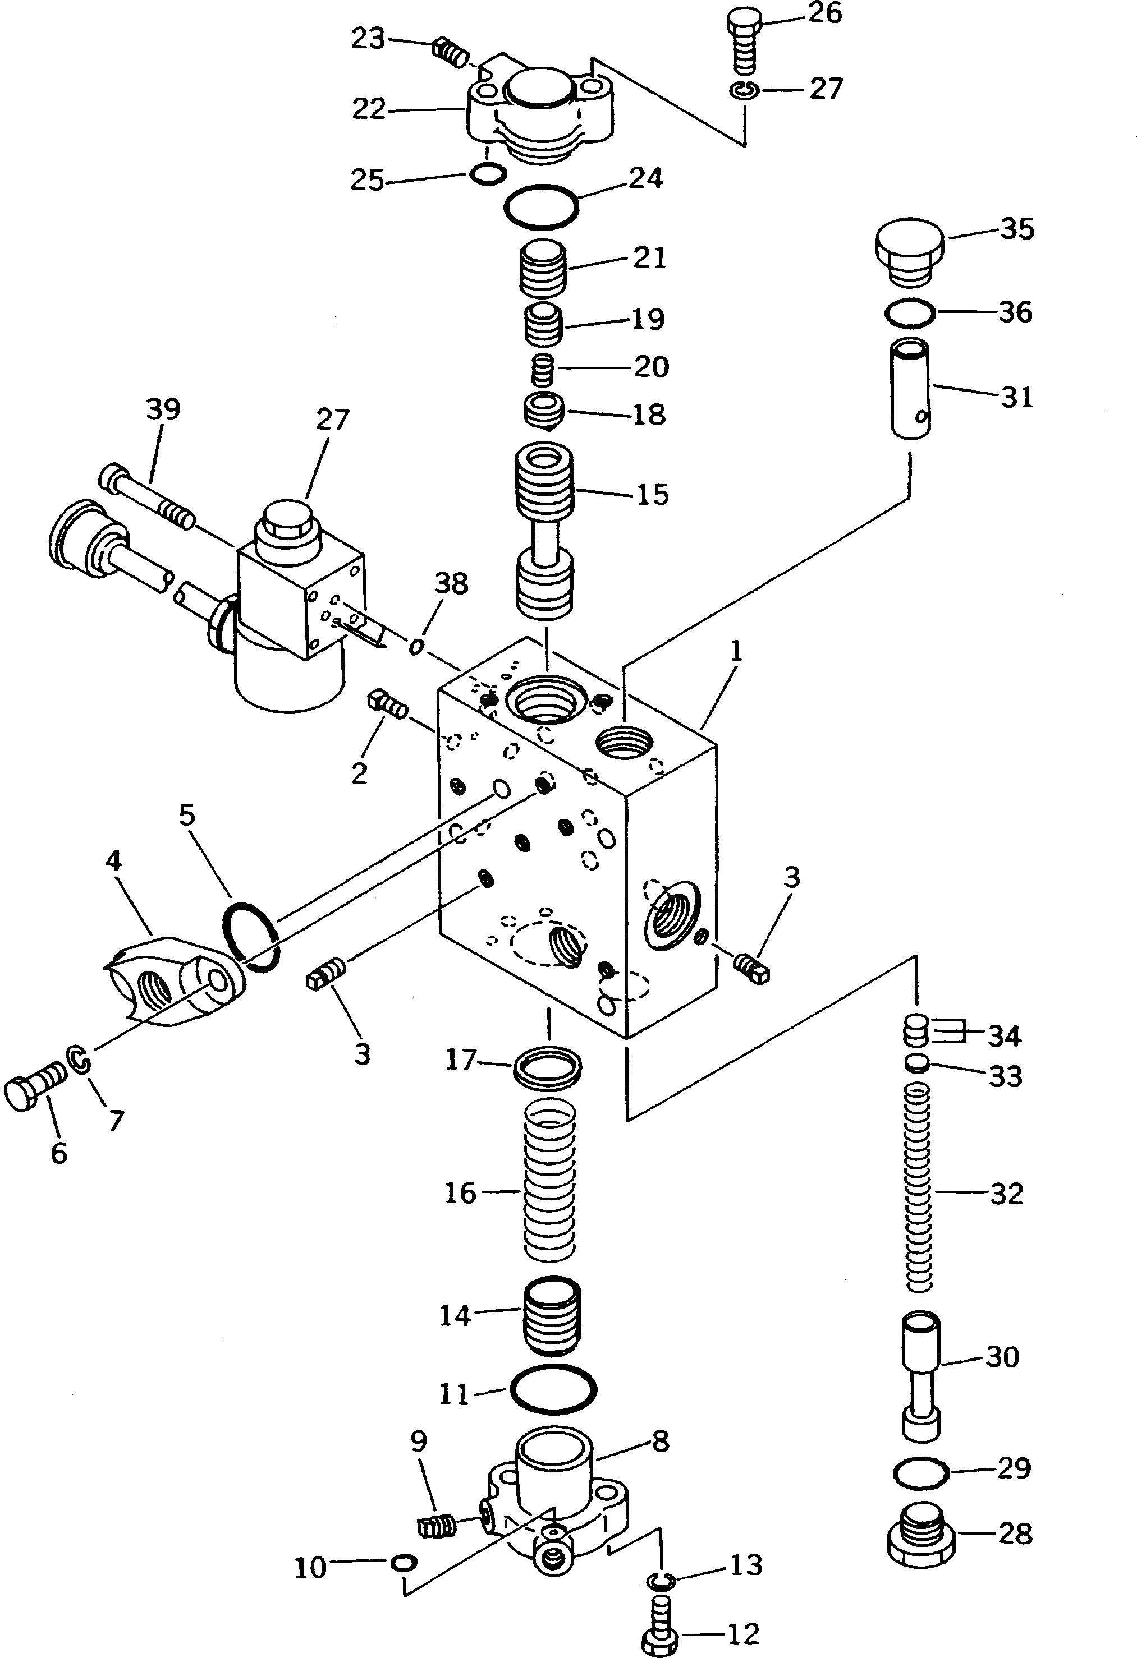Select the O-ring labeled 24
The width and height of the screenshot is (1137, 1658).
tap(541, 208)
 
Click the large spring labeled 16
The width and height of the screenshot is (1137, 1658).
tap(551, 1181)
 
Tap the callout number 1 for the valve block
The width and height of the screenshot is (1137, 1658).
tap(737, 651)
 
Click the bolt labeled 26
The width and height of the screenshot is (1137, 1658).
tap(744, 41)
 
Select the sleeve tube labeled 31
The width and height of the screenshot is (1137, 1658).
tap(911, 389)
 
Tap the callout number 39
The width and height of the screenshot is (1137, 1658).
tap(163, 409)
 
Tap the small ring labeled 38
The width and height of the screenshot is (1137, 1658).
tap(416, 646)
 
